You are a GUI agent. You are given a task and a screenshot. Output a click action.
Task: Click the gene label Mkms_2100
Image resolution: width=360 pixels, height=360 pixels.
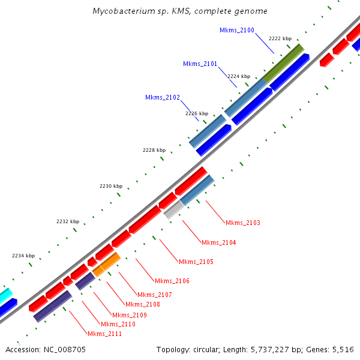click(236, 30)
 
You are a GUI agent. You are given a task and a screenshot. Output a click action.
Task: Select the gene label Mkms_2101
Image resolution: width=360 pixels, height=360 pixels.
click(200, 64)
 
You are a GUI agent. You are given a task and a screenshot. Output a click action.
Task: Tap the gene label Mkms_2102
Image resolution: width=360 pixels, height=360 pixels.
click(162, 97)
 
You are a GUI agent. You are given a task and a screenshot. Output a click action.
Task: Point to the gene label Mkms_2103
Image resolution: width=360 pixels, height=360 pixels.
click(242, 223)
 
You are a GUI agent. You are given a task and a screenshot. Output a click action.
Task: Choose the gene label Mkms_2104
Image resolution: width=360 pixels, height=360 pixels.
click(218, 242)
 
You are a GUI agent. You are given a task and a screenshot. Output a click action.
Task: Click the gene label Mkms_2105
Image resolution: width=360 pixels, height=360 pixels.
click(196, 262)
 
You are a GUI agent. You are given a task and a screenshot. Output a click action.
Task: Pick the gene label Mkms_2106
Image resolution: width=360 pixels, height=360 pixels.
click(172, 281)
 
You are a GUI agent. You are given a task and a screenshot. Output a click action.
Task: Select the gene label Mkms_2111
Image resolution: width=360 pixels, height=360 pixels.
click(104, 334)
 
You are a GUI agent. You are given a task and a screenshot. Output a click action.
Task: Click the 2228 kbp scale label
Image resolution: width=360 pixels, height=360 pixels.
click(154, 150)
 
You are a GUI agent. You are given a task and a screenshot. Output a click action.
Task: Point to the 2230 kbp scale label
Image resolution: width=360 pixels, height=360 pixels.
click(110, 186)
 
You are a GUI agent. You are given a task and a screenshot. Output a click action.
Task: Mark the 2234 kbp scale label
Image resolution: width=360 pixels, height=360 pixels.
click(23, 256)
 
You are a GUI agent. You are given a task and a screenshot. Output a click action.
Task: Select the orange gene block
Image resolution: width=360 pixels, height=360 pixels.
click(107, 264)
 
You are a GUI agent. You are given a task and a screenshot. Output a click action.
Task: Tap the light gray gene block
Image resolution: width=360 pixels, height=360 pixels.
click(173, 209)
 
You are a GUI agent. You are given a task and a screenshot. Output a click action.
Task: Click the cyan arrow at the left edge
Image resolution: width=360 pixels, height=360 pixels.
click(4, 295)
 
